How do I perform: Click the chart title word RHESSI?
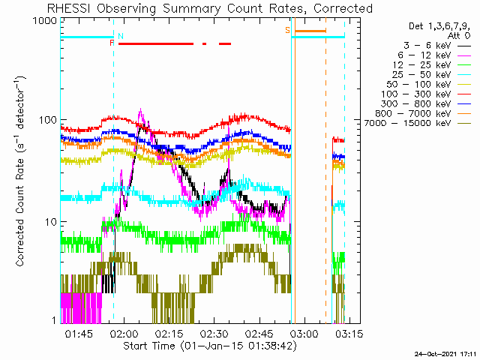tap(68, 8)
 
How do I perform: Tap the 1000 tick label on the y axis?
tap(45, 20)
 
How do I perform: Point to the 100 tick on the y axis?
tap(48, 120)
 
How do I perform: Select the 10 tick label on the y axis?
tap(51, 222)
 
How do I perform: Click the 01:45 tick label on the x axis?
tap(79, 334)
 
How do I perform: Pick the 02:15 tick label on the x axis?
tap(169, 334)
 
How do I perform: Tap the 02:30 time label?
tap(214, 334)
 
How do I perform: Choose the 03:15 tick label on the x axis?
tap(349, 334)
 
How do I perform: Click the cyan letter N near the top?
tap(121, 36)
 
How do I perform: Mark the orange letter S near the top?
tap(287, 30)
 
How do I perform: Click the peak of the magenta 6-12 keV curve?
tap(140, 109)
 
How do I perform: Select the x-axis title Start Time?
tap(149, 346)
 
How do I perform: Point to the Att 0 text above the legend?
tap(459, 36)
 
